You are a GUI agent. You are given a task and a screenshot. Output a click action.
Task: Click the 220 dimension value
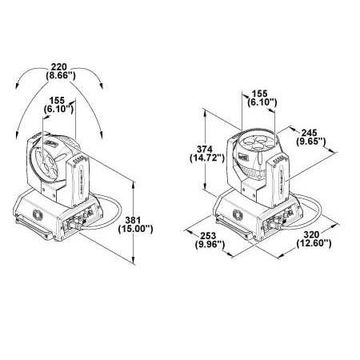(59, 66)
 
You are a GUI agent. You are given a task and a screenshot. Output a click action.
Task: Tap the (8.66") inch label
(61, 76)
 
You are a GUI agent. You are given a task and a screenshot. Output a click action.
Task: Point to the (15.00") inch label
(135, 229)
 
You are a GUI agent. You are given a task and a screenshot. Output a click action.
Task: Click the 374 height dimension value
(205, 149)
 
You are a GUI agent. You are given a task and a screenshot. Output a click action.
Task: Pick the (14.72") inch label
(207, 158)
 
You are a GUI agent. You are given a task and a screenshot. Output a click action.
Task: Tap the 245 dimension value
(309, 132)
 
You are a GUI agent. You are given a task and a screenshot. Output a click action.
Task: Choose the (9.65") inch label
(311, 141)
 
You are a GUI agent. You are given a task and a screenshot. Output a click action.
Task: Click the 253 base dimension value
(208, 236)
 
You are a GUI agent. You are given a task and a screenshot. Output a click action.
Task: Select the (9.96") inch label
(210, 245)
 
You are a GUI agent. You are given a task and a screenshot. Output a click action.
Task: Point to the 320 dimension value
(311, 234)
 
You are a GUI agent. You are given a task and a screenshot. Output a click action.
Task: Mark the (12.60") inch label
(314, 243)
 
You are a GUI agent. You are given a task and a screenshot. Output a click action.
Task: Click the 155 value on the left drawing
(57, 101)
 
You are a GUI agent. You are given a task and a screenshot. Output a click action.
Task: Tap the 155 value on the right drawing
(259, 94)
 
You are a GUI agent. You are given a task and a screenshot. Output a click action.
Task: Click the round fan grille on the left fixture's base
(38, 214)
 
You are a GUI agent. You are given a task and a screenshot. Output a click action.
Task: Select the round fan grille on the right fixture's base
(238, 214)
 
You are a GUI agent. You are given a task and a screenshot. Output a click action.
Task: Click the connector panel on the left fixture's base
(79, 220)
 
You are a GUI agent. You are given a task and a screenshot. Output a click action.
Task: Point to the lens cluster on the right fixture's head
(253, 142)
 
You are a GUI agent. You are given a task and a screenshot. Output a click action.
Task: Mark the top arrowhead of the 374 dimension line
(205, 112)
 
